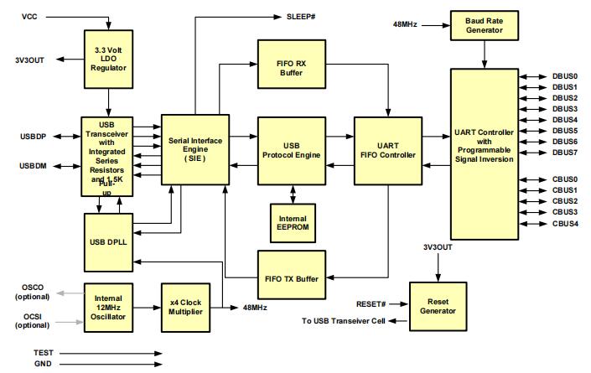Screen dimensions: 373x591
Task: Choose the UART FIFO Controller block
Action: tap(387, 149)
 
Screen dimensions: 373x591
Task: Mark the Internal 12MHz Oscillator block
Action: tap(109, 308)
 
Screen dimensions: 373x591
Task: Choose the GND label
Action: tap(43, 365)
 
